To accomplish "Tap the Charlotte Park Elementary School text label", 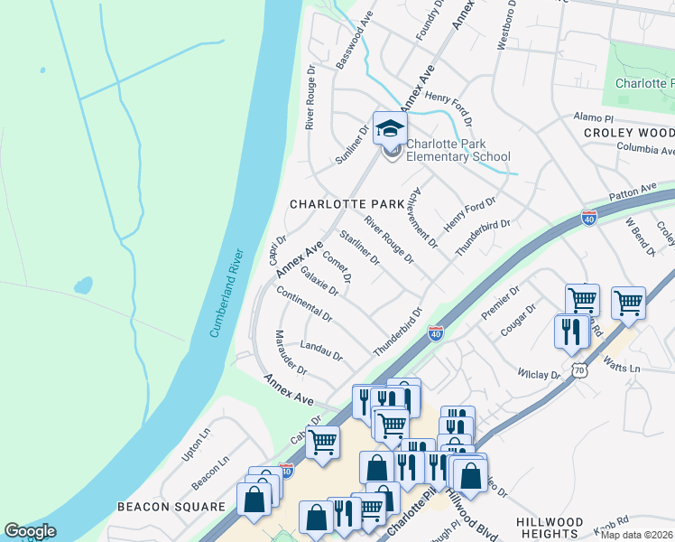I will point(458,150).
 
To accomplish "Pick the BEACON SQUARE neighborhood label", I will point(170,507).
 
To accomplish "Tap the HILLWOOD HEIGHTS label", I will point(550,528).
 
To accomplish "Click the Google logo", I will point(30,531).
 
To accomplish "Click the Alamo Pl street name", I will point(594,118).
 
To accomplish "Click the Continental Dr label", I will point(304,306).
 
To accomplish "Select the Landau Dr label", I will point(321,350).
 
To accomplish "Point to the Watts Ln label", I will point(621,368).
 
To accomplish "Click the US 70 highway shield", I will point(579,370).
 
